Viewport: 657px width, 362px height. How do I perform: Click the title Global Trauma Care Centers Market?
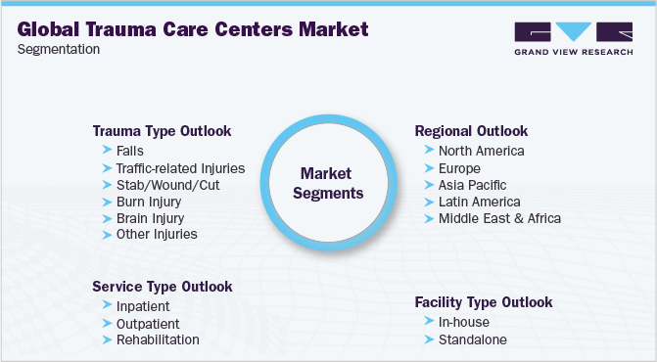(x=194, y=29)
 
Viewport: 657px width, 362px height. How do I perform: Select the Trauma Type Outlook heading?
(x=162, y=130)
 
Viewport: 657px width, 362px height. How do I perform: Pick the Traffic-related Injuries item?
(x=180, y=168)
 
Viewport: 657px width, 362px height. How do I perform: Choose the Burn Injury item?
(x=150, y=202)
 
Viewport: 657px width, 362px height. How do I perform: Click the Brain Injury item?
(x=150, y=218)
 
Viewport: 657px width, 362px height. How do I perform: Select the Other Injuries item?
(x=157, y=235)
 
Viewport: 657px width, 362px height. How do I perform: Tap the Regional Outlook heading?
(x=471, y=130)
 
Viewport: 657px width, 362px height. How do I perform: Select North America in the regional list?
(x=481, y=151)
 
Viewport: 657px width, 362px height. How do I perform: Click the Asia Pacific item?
(x=472, y=185)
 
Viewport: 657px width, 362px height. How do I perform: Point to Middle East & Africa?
(x=500, y=218)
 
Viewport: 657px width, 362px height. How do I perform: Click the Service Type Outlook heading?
(x=163, y=287)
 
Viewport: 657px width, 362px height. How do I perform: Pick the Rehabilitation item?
(x=158, y=339)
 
